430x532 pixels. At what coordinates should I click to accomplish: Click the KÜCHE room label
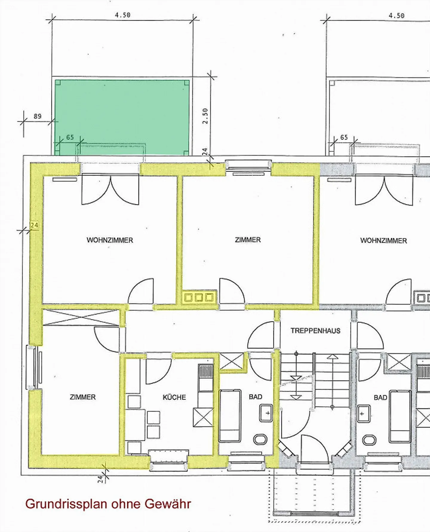tap(174, 397)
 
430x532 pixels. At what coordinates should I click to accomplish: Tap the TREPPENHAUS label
tap(315, 331)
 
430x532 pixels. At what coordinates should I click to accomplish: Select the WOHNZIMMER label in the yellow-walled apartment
tap(110, 240)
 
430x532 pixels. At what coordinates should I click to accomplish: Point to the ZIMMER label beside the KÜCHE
tap(83, 397)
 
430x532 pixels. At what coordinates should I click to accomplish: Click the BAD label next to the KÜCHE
tap(255, 397)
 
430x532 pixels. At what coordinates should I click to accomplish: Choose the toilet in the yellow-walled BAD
tap(260, 439)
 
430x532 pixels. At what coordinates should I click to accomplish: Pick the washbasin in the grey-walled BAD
tap(363, 414)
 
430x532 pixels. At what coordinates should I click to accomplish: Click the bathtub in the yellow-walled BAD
tap(230, 416)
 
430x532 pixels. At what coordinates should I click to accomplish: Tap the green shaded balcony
tap(122, 114)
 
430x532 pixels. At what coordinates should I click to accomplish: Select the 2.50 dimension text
tap(205, 116)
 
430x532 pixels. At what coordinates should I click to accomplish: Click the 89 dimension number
tap(37, 116)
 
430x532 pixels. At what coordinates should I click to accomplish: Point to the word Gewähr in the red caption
tap(168, 504)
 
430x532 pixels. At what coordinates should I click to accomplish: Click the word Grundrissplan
tap(66, 504)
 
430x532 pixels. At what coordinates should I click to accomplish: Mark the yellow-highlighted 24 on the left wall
tap(34, 225)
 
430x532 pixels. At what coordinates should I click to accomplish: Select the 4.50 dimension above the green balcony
tap(122, 15)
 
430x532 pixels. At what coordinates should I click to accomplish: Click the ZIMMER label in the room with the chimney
tap(248, 240)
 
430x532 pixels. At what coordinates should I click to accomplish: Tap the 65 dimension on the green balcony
tap(70, 137)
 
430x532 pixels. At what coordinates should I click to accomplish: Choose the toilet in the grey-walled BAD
tap(369, 440)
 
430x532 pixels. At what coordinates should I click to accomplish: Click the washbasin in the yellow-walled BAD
tap(266, 413)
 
